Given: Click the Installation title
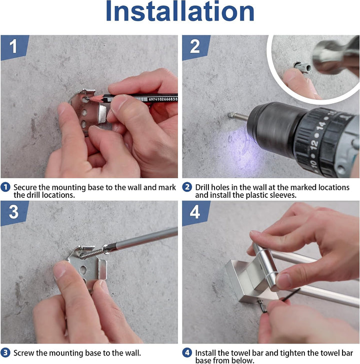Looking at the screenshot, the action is tap(180, 12).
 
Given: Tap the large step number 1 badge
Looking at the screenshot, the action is tap(14, 48).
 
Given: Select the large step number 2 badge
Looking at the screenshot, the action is tap(196, 48).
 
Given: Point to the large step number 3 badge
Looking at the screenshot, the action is tap(14, 213).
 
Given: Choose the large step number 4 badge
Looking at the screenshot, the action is tap(196, 213).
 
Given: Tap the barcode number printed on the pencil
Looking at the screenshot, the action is tap(163, 99).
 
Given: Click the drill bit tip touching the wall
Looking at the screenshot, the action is tap(230, 115).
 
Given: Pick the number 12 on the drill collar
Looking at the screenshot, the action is tap(314, 144).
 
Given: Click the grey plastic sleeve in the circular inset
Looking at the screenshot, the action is tap(302, 67).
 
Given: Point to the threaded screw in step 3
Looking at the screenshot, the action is tap(91, 253).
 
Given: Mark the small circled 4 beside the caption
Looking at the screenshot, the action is tap(187, 353).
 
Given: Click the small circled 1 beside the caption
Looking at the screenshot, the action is tap(5, 187).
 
